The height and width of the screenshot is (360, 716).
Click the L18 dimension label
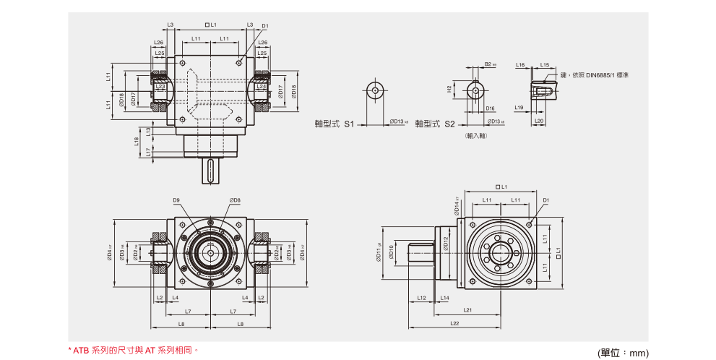click(137, 141)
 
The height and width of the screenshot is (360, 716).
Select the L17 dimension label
click(148, 151)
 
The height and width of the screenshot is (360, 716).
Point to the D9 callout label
click(177, 200)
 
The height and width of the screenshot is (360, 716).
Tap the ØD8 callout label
click(235, 200)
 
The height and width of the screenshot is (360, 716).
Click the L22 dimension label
click(454, 323)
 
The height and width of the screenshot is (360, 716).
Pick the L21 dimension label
click(468, 310)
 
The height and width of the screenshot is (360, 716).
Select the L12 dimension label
click(421, 298)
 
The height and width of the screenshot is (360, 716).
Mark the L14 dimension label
click(444, 298)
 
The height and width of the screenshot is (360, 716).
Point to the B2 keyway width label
click(489, 64)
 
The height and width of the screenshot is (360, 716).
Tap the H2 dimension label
click(449, 90)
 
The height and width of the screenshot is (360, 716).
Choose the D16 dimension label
click(490, 108)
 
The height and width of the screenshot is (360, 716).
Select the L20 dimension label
click(539, 121)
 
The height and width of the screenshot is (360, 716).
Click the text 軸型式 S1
click(335, 124)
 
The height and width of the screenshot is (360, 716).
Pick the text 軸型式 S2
click(435, 124)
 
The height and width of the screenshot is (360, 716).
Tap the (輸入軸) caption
click(476, 135)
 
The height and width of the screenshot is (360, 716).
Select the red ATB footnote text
click(134, 350)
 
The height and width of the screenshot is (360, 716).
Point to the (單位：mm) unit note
click(623, 352)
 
